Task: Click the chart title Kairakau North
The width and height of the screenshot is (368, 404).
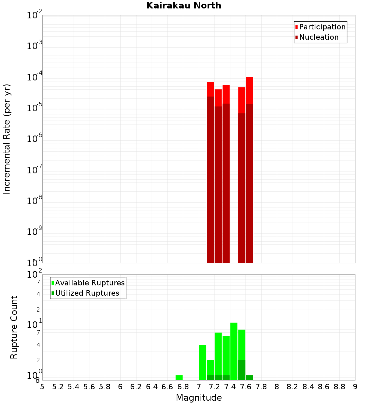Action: click(x=184, y=6)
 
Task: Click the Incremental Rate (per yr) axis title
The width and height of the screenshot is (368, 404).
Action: click(x=7, y=139)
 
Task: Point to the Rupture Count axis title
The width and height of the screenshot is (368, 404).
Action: click(x=14, y=327)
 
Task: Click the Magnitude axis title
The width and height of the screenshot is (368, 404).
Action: click(x=199, y=398)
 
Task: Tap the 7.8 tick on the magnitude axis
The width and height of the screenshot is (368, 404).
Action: click(x=261, y=387)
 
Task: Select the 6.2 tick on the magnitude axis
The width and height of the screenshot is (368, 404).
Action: click(x=136, y=387)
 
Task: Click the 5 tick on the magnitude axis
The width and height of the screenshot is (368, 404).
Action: click(x=42, y=387)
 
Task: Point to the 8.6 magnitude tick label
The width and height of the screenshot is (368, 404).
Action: click(x=324, y=387)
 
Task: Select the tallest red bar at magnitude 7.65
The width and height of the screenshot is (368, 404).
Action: click(x=250, y=169)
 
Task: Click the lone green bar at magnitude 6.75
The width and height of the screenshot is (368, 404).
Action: click(x=179, y=378)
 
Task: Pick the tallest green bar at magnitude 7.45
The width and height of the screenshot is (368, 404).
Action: click(x=234, y=351)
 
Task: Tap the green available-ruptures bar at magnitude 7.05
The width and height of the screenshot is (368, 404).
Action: click(x=202, y=362)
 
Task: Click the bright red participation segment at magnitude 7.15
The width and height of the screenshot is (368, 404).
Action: click(x=210, y=89)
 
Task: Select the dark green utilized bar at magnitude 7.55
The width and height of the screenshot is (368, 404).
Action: click(x=242, y=370)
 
